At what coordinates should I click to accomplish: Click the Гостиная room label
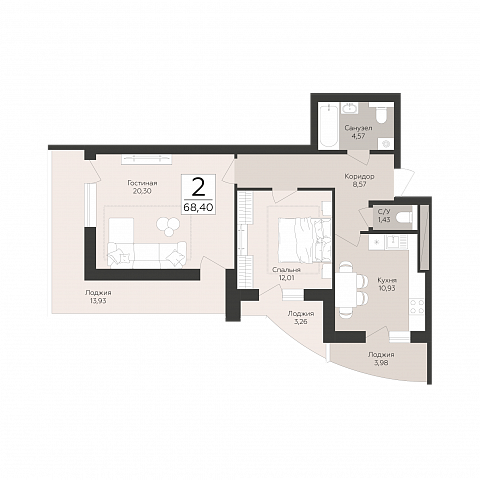pos(142,183)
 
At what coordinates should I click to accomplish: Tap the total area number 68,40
pos(198,207)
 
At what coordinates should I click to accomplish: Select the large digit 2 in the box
pos(198,188)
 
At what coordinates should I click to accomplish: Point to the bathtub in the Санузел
pos(328,126)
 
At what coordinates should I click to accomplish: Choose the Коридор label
pos(359,176)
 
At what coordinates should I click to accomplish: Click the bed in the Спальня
pos(304,240)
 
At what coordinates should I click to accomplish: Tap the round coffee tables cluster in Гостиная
pos(169,226)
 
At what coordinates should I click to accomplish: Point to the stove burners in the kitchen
pos(417,306)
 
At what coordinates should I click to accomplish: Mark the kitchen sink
pos(397,242)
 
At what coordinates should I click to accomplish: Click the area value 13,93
pos(98,300)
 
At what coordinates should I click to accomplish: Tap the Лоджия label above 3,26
pos(301,314)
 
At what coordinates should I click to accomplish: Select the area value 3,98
pos(381,362)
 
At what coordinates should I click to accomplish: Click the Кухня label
pos(387,280)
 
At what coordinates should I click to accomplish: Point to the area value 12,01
pos(286,276)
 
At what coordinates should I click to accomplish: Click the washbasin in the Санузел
pos(349,108)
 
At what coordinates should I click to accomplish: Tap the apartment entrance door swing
pos(404,182)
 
